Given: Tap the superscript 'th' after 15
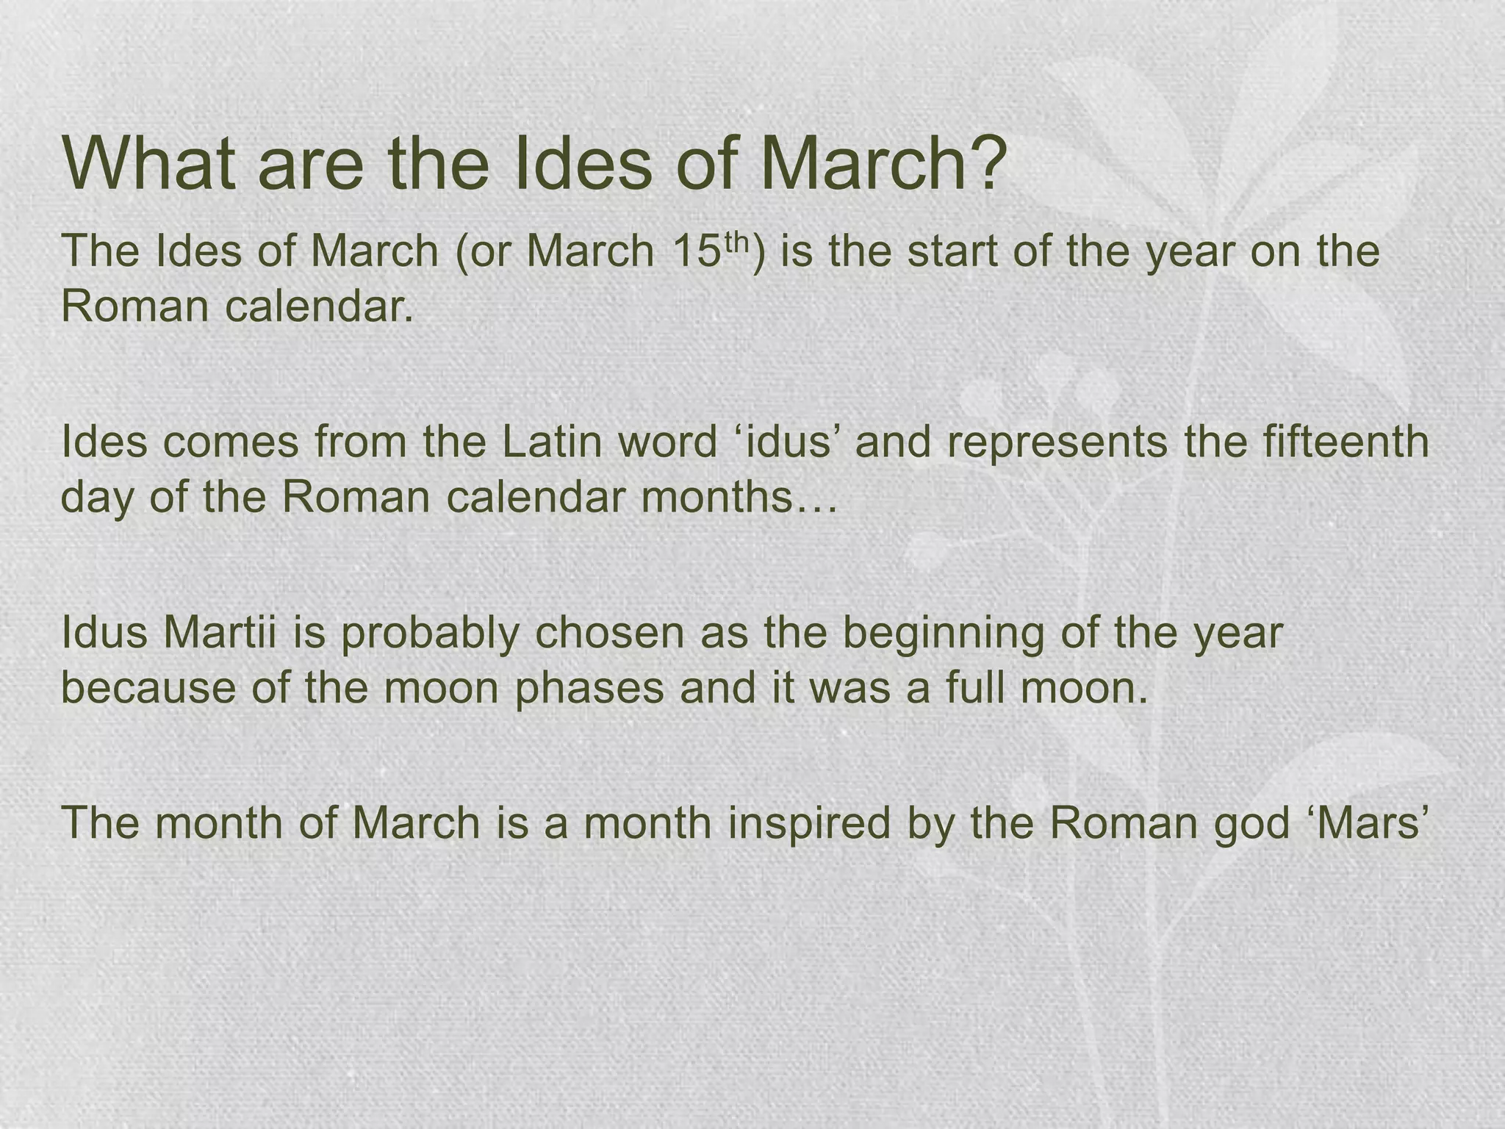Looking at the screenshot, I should pyautogui.click(x=738, y=240).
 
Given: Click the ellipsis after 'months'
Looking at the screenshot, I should pyautogui.click(x=815, y=498).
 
